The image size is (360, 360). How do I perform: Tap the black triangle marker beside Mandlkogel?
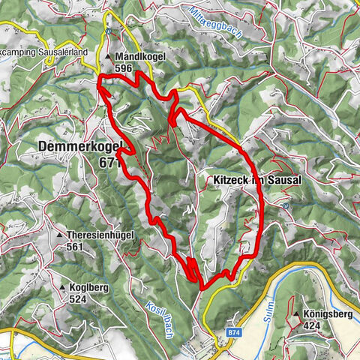click(x=109, y=56)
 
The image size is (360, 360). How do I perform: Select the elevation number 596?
click(x=124, y=67)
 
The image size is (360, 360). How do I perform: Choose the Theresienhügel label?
click(x=100, y=235)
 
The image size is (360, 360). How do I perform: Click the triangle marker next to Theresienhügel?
click(x=60, y=235)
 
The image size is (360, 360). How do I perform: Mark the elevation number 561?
click(x=75, y=247)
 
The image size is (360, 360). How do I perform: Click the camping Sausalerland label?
click(x=44, y=52)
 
